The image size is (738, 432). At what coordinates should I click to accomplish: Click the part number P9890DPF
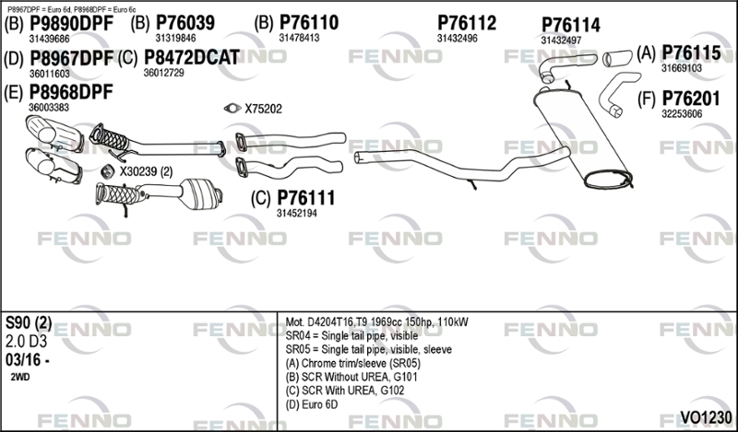tap(72, 23)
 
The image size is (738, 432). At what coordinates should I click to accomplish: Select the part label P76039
tap(185, 22)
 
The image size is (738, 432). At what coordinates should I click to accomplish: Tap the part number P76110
tap(309, 22)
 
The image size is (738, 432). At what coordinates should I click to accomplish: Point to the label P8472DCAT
tap(192, 57)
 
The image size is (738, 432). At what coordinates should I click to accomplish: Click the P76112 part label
tap(467, 23)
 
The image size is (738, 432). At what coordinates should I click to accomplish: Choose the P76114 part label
tap(570, 26)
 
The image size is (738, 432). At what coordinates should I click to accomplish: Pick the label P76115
tap(691, 53)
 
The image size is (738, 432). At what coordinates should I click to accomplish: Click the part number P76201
tap(691, 99)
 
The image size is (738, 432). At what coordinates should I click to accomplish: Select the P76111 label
tap(306, 198)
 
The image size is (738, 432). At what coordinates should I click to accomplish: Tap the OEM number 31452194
tap(296, 214)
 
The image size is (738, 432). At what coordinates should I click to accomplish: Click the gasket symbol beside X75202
tap(232, 109)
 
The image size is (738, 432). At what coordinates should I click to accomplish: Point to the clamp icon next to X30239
tap(109, 171)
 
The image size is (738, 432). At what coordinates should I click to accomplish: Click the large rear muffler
tap(583, 139)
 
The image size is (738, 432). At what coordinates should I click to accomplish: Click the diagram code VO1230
tap(706, 417)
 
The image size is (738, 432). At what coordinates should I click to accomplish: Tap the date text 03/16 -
tap(28, 360)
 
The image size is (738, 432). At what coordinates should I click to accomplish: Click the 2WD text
tap(19, 377)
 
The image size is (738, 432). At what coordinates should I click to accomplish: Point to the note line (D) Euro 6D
tap(312, 404)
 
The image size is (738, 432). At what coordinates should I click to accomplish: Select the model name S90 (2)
tap(29, 323)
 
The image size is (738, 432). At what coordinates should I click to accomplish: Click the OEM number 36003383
tap(49, 108)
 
